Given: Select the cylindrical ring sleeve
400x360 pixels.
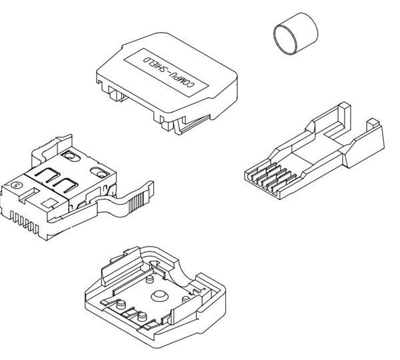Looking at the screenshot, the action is tap(295, 33).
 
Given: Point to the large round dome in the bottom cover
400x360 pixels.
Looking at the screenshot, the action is tap(159, 296).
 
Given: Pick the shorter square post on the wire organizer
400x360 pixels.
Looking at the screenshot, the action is tap(373, 125).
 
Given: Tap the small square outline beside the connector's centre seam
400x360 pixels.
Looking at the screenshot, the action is tap(49, 203).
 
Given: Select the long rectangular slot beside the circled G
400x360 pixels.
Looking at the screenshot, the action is tap(29, 195).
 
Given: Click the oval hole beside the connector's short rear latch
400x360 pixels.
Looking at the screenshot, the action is tap(71, 155).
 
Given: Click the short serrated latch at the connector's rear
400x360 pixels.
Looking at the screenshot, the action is tap(52, 148).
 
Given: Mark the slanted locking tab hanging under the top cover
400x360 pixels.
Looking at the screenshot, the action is tap(191, 125).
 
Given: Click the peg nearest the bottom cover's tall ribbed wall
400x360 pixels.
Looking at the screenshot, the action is tap(149, 279).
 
